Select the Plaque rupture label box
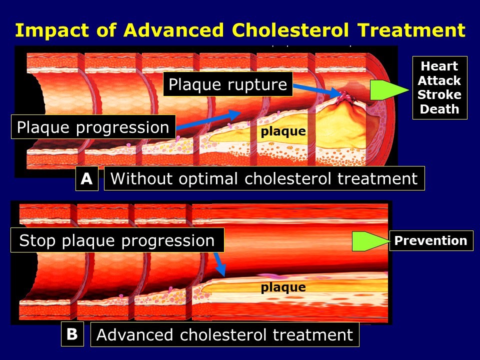pyautogui.click(x=227, y=84)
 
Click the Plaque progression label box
pyautogui.click(x=93, y=127)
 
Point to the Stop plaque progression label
pyautogui.click(x=117, y=240)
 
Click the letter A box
pyautogui.click(x=86, y=178)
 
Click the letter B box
pyautogui.click(x=72, y=334)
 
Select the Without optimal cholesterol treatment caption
pyautogui.click(x=264, y=178)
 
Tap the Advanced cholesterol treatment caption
pyautogui.click(x=224, y=334)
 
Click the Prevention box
pyautogui.click(x=430, y=240)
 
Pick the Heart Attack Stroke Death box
pyautogui.click(x=439, y=88)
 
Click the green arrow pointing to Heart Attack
pyautogui.click(x=389, y=90)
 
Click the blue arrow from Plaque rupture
pyautogui.click(x=314, y=90)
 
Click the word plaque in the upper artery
pyautogui.click(x=283, y=131)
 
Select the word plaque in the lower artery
pyautogui.click(x=283, y=287)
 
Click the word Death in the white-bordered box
pyautogui.click(x=439, y=109)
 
